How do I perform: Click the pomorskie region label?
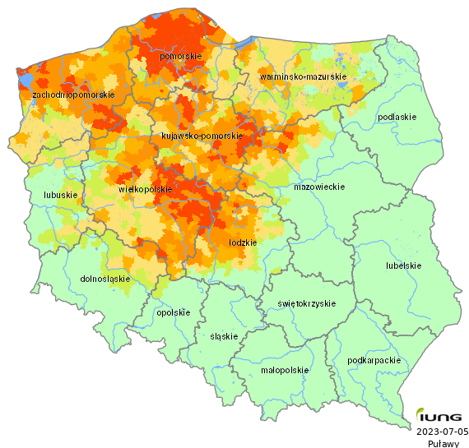[181, 56]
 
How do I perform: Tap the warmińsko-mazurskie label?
[303, 76]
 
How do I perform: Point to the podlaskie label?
[397, 117]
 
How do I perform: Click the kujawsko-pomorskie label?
[202, 136]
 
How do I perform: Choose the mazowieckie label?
[318, 187]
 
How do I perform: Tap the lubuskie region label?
[60, 195]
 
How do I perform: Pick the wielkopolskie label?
[145, 189]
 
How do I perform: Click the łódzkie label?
[242, 243]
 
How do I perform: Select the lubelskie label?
[403, 266]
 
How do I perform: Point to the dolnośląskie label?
[106, 279]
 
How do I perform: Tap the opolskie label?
[173, 312]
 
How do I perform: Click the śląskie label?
[224, 336]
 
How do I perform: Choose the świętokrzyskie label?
[307, 303]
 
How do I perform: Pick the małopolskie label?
[284, 370]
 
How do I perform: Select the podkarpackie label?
[374, 360]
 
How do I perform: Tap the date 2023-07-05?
[442, 431]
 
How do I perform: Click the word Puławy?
[443, 442]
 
